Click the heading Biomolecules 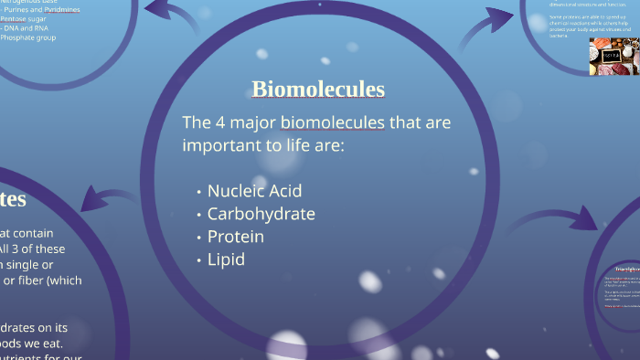tap(318, 89)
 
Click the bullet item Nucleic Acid tap(254, 191)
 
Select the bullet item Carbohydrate tap(261, 214)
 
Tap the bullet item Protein tap(235, 237)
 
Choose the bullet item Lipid tap(226, 259)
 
